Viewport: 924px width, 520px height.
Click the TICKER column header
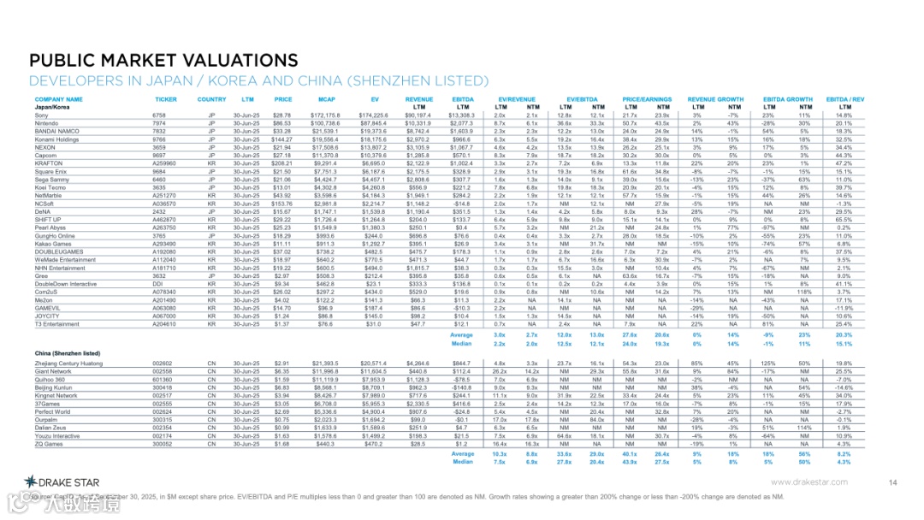coord(166,99)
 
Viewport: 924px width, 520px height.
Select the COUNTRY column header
coord(212,99)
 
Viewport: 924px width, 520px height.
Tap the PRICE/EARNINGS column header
coord(646,99)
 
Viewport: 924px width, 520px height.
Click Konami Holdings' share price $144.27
coord(282,139)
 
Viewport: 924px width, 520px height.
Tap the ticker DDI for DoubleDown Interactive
coord(158,283)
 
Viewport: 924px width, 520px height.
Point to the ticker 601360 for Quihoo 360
coord(163,379)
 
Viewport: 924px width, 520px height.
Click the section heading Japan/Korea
coord(52,107)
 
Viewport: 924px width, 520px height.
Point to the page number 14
coord(892,483)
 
